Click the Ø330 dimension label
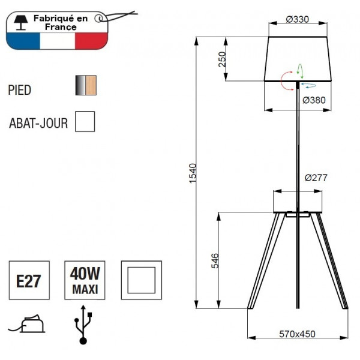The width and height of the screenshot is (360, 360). point(298,19)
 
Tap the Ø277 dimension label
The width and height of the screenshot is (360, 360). point(316,178)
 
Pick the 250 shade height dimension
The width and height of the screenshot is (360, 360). point(221,59)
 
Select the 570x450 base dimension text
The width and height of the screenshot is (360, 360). point(298,334)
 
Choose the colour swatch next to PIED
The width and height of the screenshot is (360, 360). point(85,86)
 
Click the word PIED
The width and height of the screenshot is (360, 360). point(20,90)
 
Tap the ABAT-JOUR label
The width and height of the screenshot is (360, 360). point(38,124)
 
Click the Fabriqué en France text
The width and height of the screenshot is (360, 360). point(59,23)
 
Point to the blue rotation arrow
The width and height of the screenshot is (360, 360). point(308,86)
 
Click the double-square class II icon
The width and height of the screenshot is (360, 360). point(141,280)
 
